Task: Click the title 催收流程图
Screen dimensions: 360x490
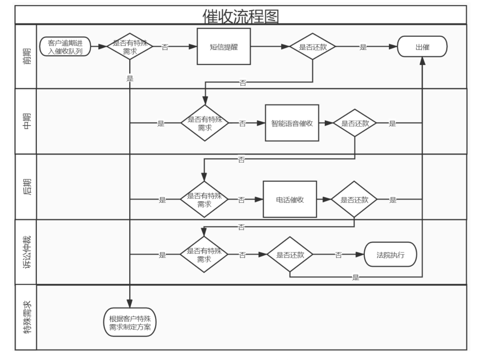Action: point(240,16)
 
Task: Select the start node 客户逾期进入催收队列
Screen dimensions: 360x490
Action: point(65,47)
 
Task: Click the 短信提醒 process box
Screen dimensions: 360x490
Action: point(224,47)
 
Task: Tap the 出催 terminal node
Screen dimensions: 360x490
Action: point(422,47)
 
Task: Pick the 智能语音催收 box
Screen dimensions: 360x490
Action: point(292,123)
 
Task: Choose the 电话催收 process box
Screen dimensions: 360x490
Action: point(289,199)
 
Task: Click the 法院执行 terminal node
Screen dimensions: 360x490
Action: point(390,254)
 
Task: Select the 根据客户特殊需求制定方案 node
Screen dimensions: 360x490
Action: point(130,322)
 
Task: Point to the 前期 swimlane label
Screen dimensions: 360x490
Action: point(26,56)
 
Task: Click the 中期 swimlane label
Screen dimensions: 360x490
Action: point(26,121)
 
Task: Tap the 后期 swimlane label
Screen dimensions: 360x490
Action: point(26,187)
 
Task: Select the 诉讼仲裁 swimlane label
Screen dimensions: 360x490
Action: point(26,252)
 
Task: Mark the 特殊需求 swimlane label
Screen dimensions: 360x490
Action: point(26,317)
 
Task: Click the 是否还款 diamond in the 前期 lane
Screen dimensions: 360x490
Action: point(312,47)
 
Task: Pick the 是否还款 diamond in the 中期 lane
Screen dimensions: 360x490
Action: point(354,123)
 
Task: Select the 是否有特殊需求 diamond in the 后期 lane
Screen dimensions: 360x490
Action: point(204,199)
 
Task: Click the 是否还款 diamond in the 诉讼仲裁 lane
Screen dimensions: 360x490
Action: point(289,255)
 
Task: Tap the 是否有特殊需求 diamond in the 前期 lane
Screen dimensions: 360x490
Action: point(129,47)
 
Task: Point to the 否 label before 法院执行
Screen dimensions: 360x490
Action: point(338,255)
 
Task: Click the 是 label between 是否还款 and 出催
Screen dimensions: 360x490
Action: point(363,47)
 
